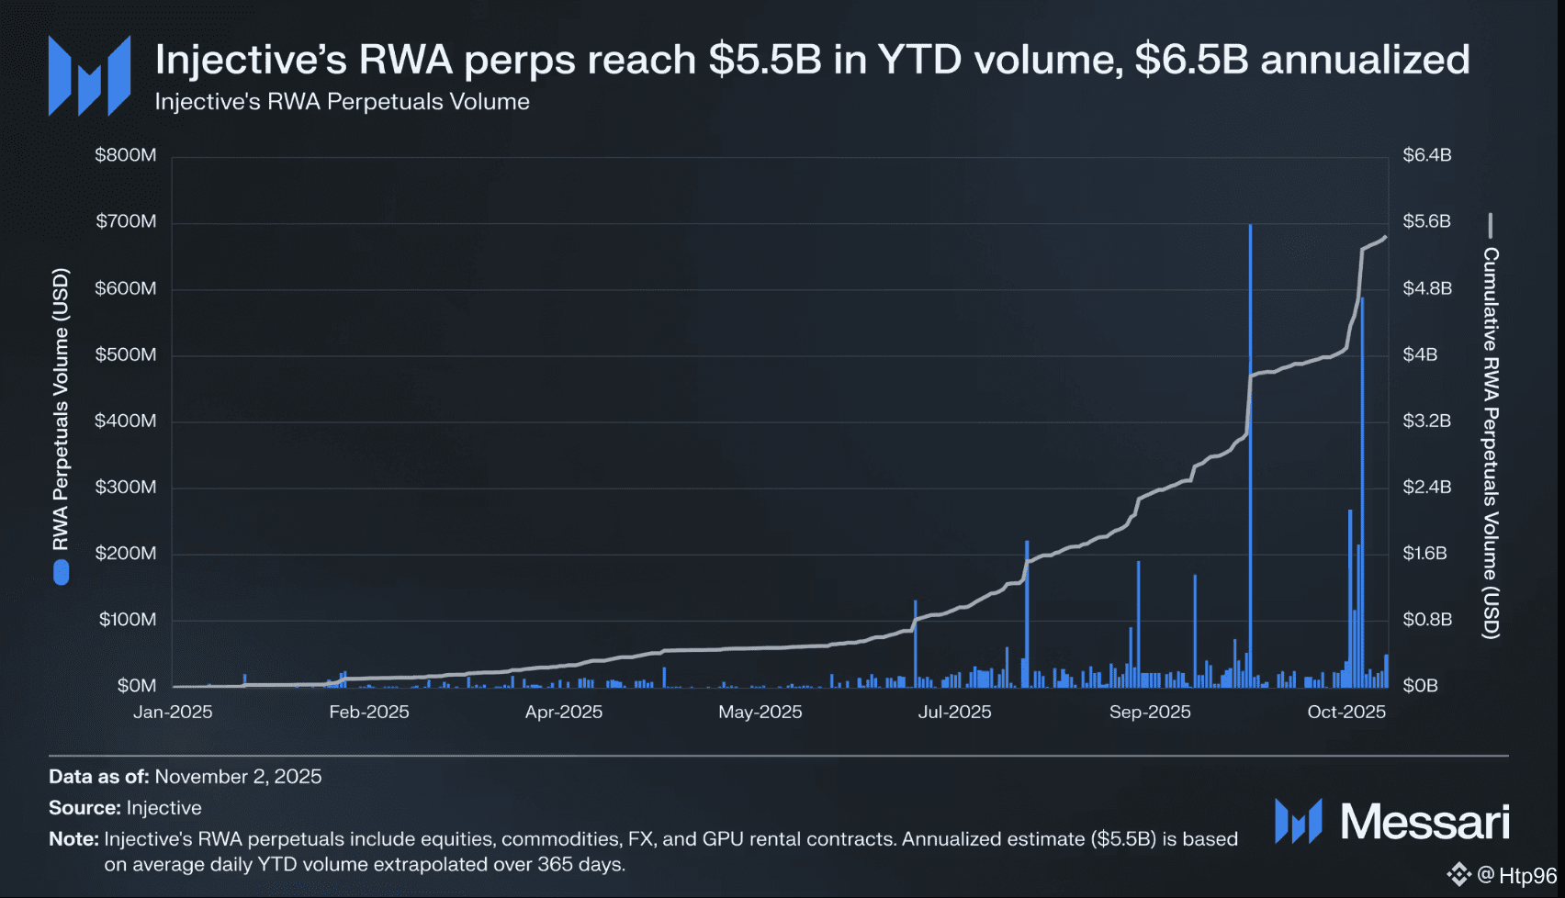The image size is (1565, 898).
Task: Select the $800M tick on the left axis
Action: (x=126, y=155)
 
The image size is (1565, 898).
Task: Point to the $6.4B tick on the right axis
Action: (x=1426, y=155)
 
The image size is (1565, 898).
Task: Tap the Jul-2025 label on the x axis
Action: (x=954, y=713)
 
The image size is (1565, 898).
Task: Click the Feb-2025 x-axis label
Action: (x=369, y=713)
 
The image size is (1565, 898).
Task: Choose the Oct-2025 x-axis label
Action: (x=1346, y=713)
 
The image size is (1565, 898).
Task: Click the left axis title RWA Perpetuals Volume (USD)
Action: (x=61, y=410)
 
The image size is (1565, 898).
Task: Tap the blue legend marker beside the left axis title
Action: (x=62, y=573)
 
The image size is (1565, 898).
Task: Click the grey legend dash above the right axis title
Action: (x=1491, y=225)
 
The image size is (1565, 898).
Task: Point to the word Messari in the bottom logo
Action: (x=1424, y=821)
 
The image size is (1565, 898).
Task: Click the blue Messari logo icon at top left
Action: (x=89, y=76)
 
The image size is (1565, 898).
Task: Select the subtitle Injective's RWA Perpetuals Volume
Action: (x=342, y=102)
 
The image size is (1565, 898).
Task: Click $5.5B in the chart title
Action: (x=765, y=60)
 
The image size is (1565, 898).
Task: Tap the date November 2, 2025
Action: (x=238, y=777)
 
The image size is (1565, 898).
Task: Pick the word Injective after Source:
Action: (x=163, y=808)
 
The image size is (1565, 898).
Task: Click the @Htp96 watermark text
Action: (x=1517, y=875)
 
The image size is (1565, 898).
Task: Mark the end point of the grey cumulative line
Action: (x=1385, y=237)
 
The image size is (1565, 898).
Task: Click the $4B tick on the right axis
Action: (x=1419, y=354)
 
